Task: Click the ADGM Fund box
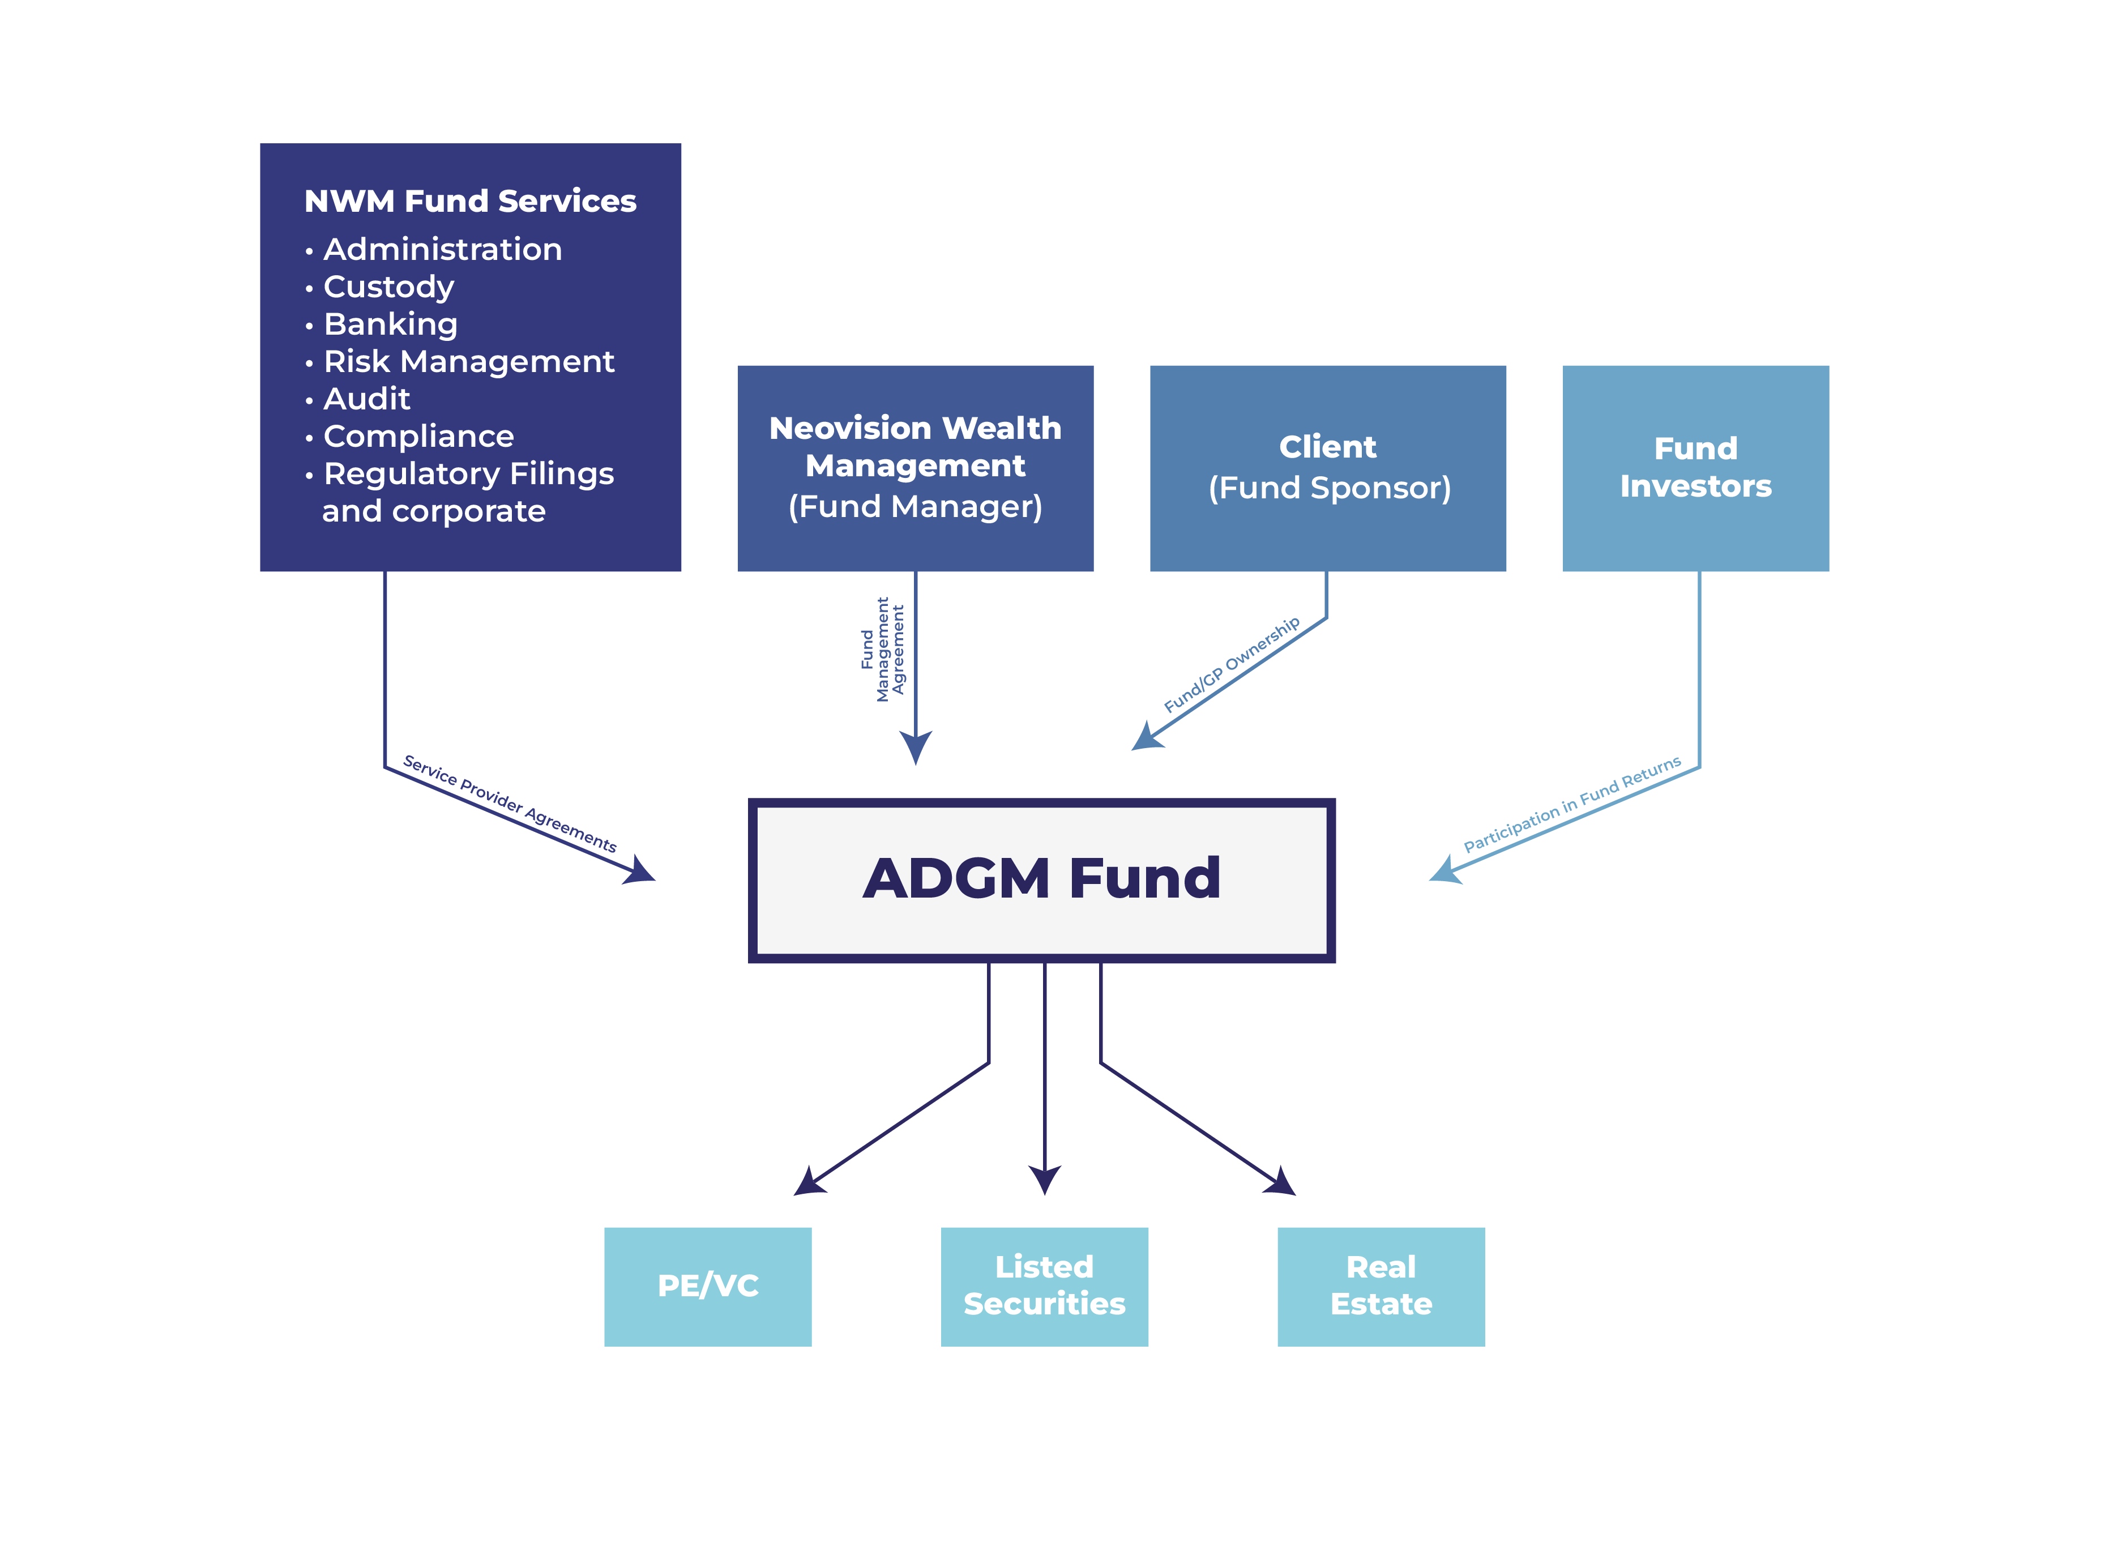pos(1041,880)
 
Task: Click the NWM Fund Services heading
pos(470,202)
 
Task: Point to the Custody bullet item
pos(388,287)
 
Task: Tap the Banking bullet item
pos(391,324)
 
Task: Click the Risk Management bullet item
pos(468,361)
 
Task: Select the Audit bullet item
pos(366,399)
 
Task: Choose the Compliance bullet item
pos(418,437)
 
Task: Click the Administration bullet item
pos(442,249)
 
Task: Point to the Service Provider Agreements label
pos(510,804)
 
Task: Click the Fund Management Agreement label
pos(882,649)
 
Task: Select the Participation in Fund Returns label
pos(1571,804)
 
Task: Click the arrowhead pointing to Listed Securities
pos(1044,1179)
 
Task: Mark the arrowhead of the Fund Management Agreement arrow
pos(915,748)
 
